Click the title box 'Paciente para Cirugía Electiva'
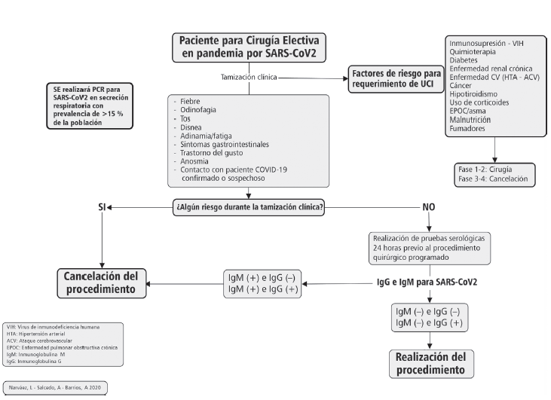249,47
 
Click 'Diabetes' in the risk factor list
464,59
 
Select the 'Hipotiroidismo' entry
475,94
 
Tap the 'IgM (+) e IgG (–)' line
261,276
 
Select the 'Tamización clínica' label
248,78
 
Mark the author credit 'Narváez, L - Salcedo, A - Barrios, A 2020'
60,389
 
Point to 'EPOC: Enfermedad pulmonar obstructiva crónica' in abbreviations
61,347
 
